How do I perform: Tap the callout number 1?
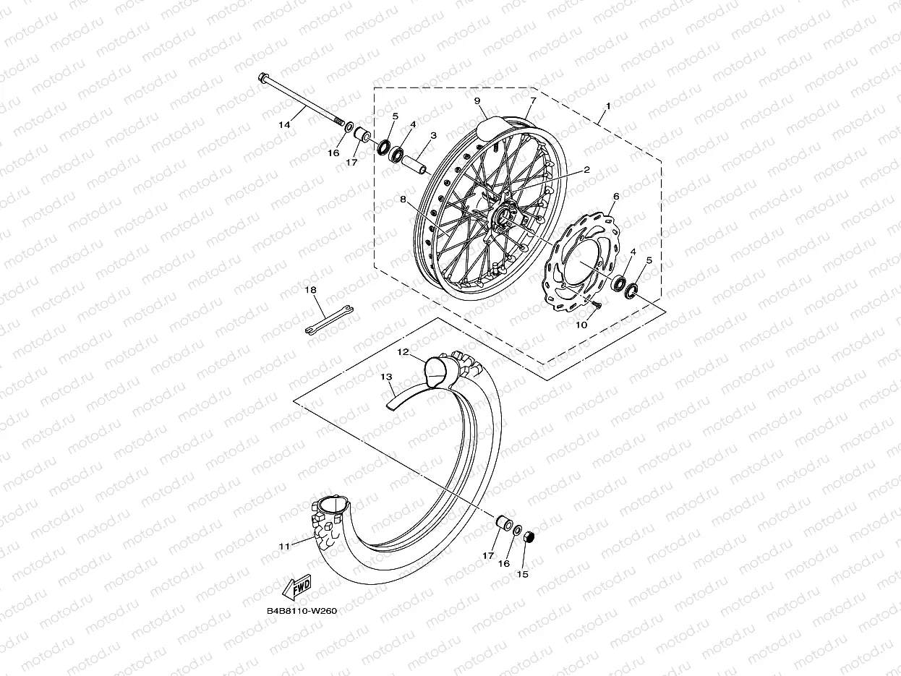click(x=607, y=106)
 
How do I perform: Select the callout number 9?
click(x=477, y=101)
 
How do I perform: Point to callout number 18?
click(x=310, y=290)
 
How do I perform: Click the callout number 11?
click(x=283, y=546)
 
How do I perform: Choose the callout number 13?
click(x=386, y=377)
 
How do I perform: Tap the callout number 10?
click(x=581, y=325)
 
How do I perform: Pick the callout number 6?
click(x=616, y=196)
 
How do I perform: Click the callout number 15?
click(x=522, y=575)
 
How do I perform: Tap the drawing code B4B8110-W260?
click(x=302, y=610)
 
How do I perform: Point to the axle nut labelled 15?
click(x=528, y=536)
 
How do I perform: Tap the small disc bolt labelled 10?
click(x=596, y=307)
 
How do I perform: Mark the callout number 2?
click(x=587, y=170)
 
